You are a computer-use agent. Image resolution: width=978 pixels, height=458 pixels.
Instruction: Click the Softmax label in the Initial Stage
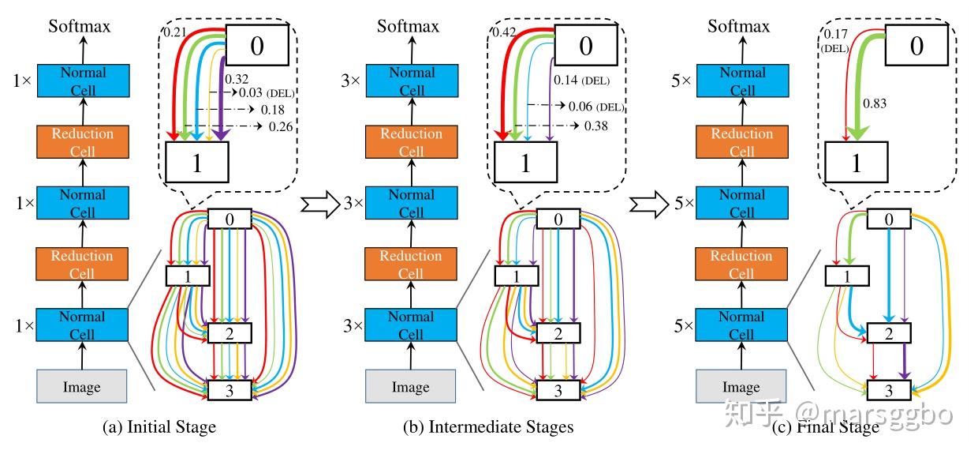tap(80, 26)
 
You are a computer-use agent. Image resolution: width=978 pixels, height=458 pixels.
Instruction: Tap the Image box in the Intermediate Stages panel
tap(410, 386)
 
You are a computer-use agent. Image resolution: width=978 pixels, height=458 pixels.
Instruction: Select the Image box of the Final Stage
tap(741, 386)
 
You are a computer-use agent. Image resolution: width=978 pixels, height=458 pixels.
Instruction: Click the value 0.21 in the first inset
tap(174, 32)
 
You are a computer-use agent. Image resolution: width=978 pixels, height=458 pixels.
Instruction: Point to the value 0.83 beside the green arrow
tap(875, 103)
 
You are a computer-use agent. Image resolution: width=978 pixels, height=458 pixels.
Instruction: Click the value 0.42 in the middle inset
tap(504, 32)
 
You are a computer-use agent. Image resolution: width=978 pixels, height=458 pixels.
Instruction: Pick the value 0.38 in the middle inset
tap(596, 126)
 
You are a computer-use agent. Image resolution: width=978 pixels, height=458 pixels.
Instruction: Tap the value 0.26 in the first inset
tap(280, 126)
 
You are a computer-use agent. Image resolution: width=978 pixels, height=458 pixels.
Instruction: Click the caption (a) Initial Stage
tap(159, 427)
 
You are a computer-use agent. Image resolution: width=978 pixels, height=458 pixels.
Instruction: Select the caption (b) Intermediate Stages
tap(488, 427)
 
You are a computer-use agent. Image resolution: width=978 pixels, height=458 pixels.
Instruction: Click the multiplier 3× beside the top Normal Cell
tap(351, 81)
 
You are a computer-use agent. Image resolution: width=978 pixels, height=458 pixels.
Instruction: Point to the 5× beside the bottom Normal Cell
tap(683, 325)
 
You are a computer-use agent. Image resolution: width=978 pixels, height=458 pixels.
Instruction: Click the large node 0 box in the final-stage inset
tap(916, 45)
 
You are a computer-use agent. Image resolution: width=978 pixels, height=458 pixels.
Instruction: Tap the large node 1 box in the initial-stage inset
tap(197, 162)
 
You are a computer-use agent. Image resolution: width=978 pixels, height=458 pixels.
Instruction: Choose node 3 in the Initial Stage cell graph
tap(230, 390)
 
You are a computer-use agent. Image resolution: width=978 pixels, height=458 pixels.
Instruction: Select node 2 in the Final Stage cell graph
tap(889, 333)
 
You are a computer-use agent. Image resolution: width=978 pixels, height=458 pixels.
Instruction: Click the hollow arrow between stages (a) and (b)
tap(320, 204)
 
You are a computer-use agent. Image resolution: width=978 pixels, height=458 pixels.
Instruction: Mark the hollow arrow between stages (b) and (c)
tap(649, 204)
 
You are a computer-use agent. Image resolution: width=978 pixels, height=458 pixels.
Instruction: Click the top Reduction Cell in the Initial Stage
tap(83, 141)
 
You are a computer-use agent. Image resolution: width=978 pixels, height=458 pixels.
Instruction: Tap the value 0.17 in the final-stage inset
tap(835, 34)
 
